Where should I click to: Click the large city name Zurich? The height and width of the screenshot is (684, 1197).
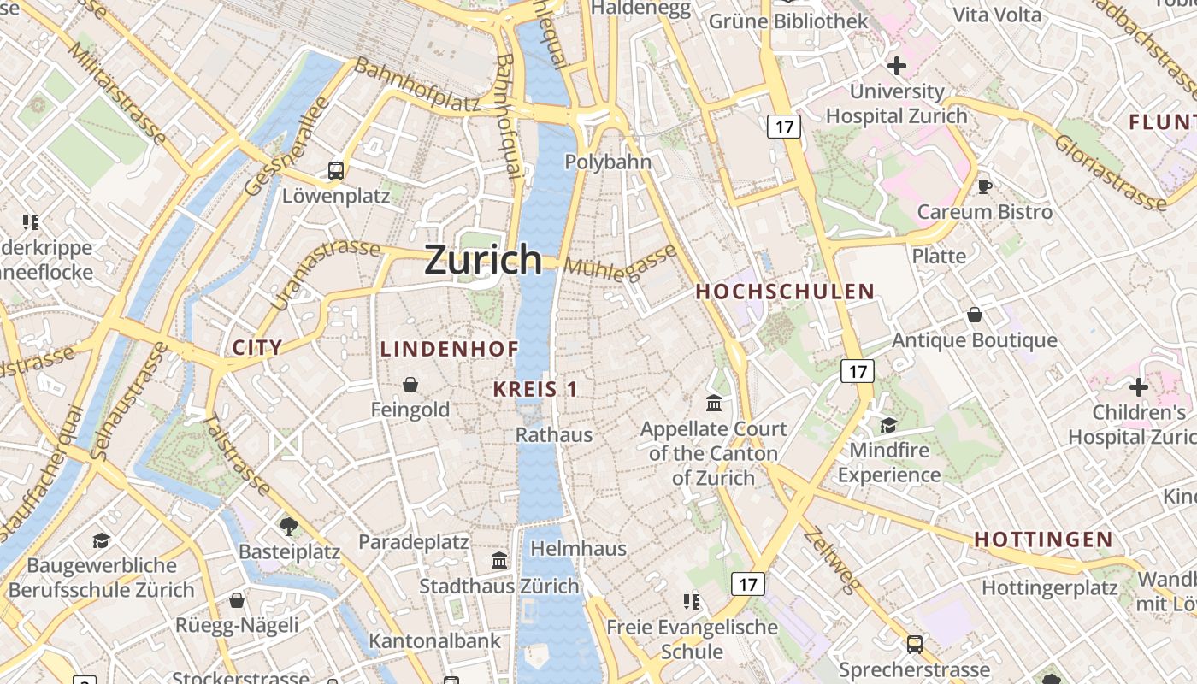point(483,259)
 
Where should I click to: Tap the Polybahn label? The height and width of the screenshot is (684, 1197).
point(608,162)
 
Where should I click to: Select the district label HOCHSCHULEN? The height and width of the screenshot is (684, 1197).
point(785,292)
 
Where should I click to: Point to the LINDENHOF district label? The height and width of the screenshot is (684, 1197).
point(450,349)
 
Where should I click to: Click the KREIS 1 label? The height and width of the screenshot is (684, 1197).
point(535,389)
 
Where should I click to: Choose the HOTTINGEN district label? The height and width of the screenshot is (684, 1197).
point(1043,540)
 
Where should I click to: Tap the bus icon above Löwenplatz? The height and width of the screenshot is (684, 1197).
point(336,170)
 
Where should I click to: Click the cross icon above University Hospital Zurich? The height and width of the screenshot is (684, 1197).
point(896,65)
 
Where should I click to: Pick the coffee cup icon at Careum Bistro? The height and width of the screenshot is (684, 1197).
point(984,186)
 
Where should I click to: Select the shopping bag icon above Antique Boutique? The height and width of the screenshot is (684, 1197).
point(974,315)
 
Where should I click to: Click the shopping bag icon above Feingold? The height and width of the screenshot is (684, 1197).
point(410,384)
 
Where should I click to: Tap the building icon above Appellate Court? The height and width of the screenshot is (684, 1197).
point(713,402)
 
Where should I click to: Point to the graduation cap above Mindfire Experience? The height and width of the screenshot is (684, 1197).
point(888,424)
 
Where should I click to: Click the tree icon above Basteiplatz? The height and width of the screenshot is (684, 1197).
point(289,525)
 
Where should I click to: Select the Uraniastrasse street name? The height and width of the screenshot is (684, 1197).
point(325,273)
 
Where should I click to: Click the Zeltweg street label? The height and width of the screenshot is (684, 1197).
point(831,560)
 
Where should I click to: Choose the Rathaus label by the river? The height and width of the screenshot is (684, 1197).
point(553,434)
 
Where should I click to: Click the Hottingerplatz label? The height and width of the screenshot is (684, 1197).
point(1049,588)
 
